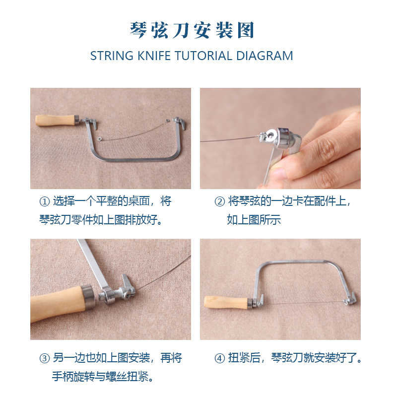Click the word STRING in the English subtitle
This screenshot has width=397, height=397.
coord(112,56)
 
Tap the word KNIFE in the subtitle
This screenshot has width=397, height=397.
coord(154,56)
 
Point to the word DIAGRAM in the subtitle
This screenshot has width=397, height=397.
coord(265,56)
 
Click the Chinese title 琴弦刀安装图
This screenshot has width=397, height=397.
coord(192,30)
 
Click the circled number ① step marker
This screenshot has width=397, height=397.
coord(44,201)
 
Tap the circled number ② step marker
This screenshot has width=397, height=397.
coord(219,201)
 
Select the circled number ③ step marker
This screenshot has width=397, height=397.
coord(44,358)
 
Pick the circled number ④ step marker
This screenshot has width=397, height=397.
coord(219,358)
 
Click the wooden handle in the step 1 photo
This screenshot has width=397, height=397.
coord(56,120)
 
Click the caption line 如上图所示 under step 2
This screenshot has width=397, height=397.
coord(254,220)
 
